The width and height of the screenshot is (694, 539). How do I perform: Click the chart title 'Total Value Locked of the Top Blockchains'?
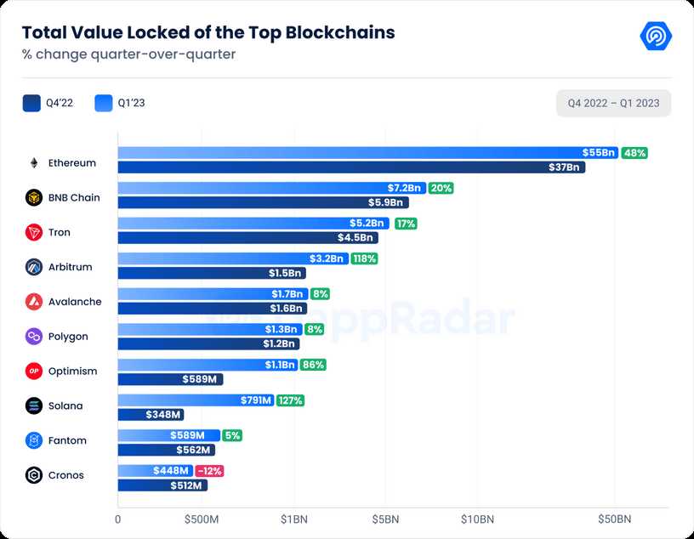coord(208,33)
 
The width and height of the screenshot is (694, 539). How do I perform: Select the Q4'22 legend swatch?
coord(31,104)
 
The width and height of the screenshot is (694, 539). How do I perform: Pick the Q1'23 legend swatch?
coord(104,104)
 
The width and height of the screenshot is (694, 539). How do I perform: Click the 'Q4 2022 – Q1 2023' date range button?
coord(613,104)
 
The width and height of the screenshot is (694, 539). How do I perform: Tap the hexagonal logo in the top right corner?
coord(656,37)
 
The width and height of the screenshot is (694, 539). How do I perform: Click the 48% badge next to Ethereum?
coord(634,153)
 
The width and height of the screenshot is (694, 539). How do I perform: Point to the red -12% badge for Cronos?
coord(209,471)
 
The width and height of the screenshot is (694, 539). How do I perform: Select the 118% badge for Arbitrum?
coord(365,258)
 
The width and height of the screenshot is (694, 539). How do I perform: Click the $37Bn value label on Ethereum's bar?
coord(564,167)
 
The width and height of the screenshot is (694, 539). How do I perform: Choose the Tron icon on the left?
coord(34,233)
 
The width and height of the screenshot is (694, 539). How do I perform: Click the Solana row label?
coord(65,406)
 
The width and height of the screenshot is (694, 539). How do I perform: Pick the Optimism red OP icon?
coord(34,372)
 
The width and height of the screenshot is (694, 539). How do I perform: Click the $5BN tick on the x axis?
coord(385,519)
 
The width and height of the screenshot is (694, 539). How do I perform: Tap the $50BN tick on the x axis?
coord(614,519)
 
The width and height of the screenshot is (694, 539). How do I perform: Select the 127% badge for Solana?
coord(290,400)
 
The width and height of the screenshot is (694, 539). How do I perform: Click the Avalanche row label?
coord(74,302)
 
